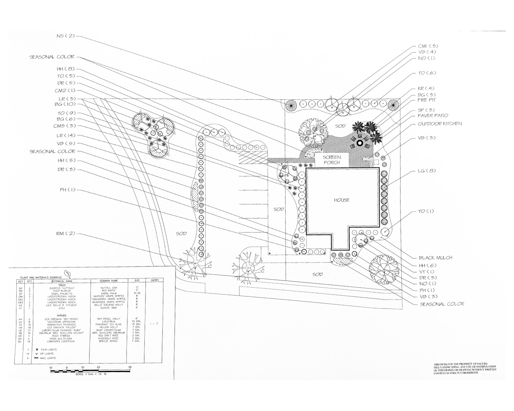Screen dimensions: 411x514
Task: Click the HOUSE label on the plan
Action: point(341,200)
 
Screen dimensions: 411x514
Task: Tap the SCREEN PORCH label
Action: point(332,159)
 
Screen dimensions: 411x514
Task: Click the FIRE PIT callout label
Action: point(426,100)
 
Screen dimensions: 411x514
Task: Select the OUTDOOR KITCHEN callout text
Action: point(440,124)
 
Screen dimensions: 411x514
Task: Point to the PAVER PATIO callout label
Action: point(433,116)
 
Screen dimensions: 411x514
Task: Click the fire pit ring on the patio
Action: point(360,143)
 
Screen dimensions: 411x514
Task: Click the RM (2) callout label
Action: point(66,233)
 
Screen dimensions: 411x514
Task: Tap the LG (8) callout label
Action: point(426,171)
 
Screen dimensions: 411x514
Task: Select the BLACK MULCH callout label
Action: point(436,258)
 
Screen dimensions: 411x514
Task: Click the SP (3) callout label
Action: point(426,110)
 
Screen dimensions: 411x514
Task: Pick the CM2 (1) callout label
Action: point(65,91)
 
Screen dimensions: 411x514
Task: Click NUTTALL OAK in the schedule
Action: point(109,288)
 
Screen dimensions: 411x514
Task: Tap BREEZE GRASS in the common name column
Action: point(109,341)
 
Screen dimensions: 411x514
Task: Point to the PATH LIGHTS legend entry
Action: point(48,349)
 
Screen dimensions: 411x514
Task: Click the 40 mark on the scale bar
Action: point(130,367)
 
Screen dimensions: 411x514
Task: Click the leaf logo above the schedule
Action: point(68,273)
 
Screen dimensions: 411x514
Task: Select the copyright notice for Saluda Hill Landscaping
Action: point(465,369)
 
